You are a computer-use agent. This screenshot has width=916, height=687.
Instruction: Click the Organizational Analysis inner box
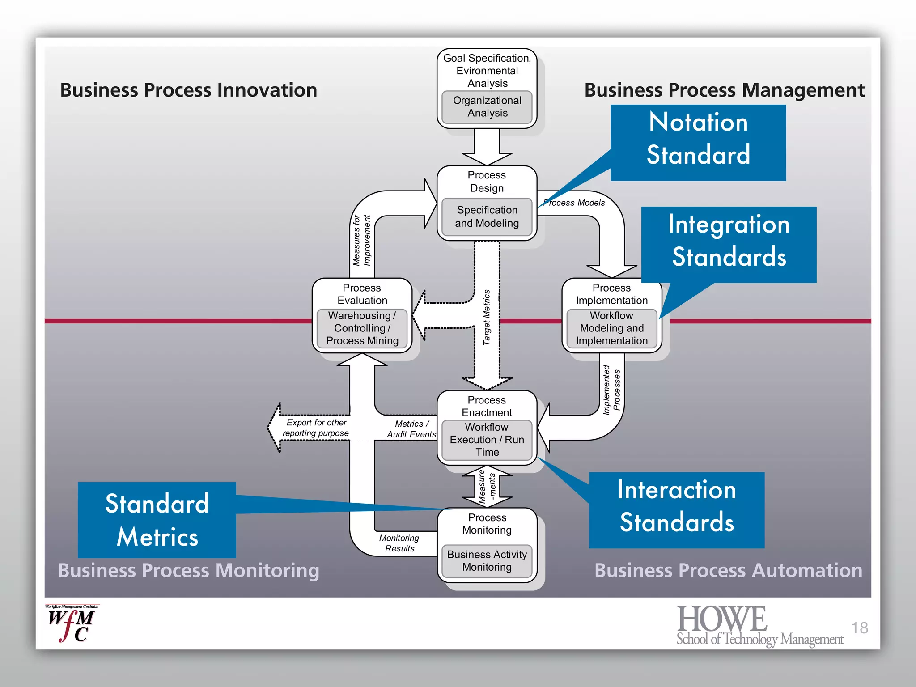[487, 107]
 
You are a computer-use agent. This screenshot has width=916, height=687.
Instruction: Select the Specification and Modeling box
[487, 216]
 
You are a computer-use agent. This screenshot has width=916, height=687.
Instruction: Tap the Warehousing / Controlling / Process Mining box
[362, 328]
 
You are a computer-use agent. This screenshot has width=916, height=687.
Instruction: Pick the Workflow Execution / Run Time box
[487, 440]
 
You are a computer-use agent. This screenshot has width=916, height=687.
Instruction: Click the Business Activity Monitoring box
[487, 561]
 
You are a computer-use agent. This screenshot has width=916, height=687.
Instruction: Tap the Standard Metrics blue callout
[157, 520]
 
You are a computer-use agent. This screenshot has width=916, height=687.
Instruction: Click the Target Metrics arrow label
[487, 317]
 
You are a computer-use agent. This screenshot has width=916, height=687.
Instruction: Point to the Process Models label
[575, 203]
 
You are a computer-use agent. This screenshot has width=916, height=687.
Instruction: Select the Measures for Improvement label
[361, 240]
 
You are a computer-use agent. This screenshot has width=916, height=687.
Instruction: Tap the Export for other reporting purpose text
[316, 428]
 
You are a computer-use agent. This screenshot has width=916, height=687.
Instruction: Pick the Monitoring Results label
[399, 543]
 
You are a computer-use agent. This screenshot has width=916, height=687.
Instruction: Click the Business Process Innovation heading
[188, 90]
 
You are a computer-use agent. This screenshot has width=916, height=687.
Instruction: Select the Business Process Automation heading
[728, 570]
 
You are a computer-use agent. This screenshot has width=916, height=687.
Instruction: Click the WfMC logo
[72, 623]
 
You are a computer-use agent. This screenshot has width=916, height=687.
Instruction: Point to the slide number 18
[859, 628]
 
